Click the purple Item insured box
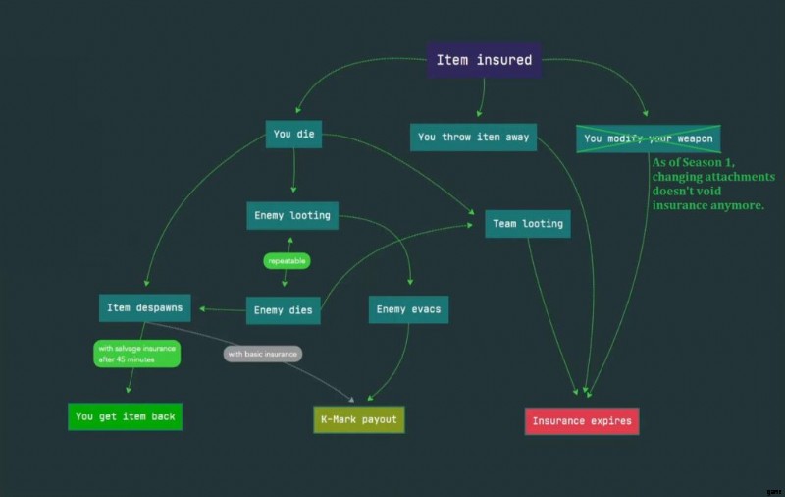coord(484,60)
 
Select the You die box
coord(293,134)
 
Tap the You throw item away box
coord(473,137)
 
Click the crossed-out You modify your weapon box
coord(649,138)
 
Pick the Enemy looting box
coord(292,215)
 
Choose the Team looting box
coord(528,223)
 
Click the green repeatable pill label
coord(287,261)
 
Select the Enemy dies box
coord(284,310)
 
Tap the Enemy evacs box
coord(408,309)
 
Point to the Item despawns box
coord(144,307)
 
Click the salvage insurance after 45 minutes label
coord(136,354)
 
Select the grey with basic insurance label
coord(263,354)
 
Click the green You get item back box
coord(126,416)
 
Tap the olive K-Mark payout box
coord(359,419)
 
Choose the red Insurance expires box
coord(582,421)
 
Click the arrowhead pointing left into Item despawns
coord(202,309)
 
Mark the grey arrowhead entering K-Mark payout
coord(352,400)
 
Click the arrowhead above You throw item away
coord(479,114)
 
